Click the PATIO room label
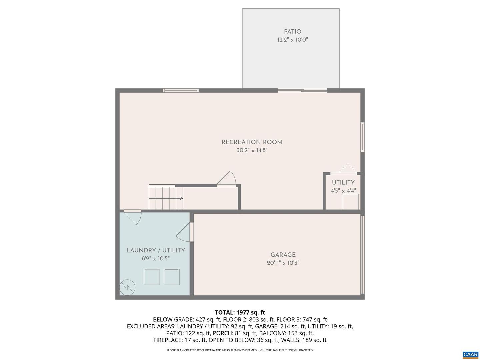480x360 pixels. click(292, 32)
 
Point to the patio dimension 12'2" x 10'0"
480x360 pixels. click(292, 40)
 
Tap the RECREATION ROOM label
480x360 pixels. click(252, 142)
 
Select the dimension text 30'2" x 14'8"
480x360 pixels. click(252, 150)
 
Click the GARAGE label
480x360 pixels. click(283, 255)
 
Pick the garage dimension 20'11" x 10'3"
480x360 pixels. click(283, 263)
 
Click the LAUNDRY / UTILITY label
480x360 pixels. click(156, 250)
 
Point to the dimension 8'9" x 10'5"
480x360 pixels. click(156, 258)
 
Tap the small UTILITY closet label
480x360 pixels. click(343, 183)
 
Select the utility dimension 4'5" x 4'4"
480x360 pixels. click(343, 191)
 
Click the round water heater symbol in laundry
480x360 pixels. click(127, 287)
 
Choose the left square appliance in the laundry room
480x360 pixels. click(152, 277)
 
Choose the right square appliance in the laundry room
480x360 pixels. click(172, 277)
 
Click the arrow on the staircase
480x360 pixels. click(181, 198)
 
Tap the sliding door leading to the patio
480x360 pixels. click(302, 90)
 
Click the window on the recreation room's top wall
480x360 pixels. click(181, 90)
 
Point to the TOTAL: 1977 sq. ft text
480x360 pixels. click(240, 313)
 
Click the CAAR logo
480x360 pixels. click(470, 355)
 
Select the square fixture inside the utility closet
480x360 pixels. click(351, 202)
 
